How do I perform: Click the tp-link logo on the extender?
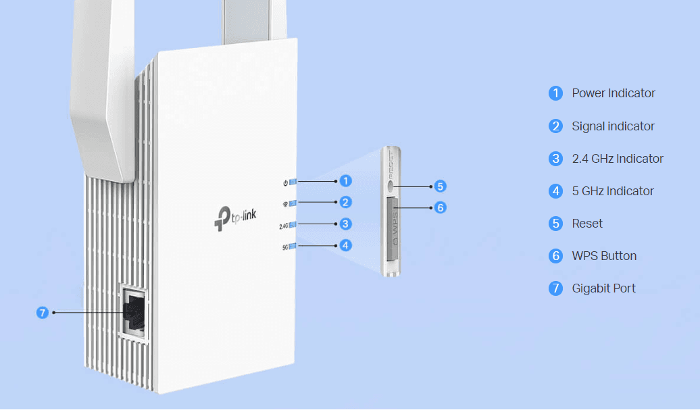tap(235, 218)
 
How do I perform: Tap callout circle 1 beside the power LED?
tap(345, 181)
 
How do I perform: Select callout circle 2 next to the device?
tap(345, 202)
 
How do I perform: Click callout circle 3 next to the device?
tap(345, 224)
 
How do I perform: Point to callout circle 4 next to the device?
tap(345, 245)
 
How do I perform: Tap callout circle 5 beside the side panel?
tap(440, 186)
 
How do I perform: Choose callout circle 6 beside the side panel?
tap(440, 207)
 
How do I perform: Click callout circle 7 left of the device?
tap(43, 312)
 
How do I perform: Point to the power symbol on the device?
tap(285, 183)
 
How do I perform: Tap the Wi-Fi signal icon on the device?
tap(285, 205)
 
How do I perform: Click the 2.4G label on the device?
tap(284, 226)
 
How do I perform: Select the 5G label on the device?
tap(285, 247)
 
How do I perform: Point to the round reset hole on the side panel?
tap(391, 186)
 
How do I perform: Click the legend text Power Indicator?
tap(614, 93)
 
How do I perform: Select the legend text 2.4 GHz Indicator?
tap(618, 158)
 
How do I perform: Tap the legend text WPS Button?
tap(604, 255)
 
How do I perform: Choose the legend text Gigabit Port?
tap(603, 288)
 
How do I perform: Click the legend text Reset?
tap(587, 223)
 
